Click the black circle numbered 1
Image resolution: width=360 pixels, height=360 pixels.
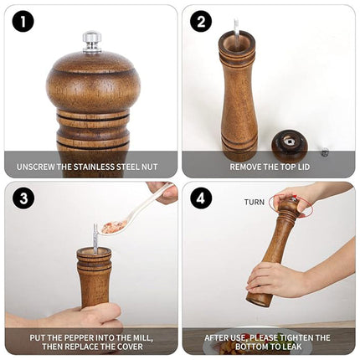coord(23,22)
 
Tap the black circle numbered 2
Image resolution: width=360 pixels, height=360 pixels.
coord(201,22)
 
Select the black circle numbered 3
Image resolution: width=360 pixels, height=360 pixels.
coord(23,198)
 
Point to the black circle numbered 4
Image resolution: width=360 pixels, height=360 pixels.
coord(201,198)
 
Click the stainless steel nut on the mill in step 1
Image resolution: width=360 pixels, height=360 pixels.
coord(92,42)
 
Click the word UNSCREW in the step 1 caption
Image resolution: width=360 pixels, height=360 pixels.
coord(36,167)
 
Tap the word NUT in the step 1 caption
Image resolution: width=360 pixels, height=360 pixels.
coord(149,167)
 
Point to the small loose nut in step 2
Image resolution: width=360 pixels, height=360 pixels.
coord(325,152)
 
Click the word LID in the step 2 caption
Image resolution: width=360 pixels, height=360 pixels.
coord(303,167)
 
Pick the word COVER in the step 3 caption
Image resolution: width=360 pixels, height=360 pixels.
coord(130,347)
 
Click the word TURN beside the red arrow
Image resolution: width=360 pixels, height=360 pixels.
coord(255,202)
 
